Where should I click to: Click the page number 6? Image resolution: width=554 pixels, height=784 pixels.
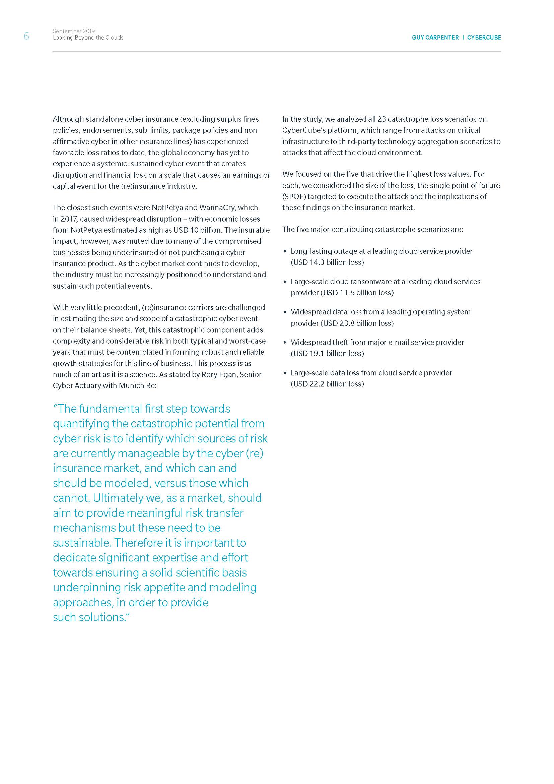26,36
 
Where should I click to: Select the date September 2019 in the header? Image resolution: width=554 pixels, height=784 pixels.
74,31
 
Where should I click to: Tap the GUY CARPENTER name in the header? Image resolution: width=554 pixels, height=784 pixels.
435,38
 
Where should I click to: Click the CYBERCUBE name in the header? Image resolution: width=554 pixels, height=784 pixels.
484,38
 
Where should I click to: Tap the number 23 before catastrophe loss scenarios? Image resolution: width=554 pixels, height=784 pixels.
381,119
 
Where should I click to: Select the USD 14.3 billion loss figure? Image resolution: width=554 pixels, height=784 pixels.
327,262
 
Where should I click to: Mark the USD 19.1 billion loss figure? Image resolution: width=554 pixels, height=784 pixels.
327,353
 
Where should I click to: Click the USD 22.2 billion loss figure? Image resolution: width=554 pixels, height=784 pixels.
327,384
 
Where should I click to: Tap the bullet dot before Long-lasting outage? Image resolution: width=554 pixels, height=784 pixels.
285,252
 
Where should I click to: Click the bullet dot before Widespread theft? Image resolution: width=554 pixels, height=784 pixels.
285,343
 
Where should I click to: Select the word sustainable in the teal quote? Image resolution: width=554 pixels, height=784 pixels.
82,543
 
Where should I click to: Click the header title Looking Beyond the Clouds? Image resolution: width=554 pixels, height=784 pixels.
88,38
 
